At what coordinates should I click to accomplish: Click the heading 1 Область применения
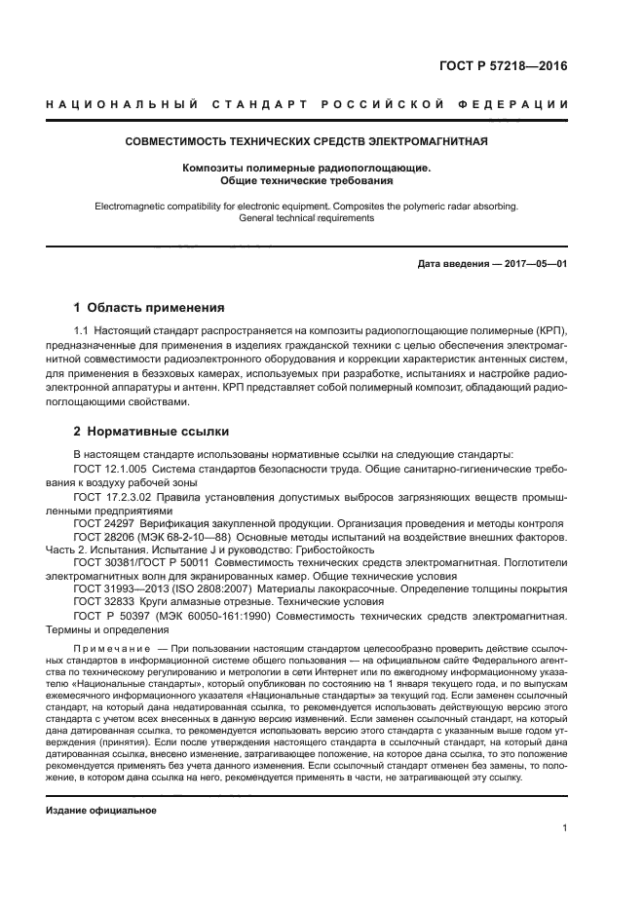click(x=149, y=307)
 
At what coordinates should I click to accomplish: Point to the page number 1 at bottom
click(x=565, y=828)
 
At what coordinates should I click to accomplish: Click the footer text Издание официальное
click(x=101, y=811)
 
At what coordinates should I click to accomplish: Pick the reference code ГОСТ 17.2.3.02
click(x=108, y=497)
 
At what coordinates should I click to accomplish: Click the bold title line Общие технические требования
click(x=306, y=180)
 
